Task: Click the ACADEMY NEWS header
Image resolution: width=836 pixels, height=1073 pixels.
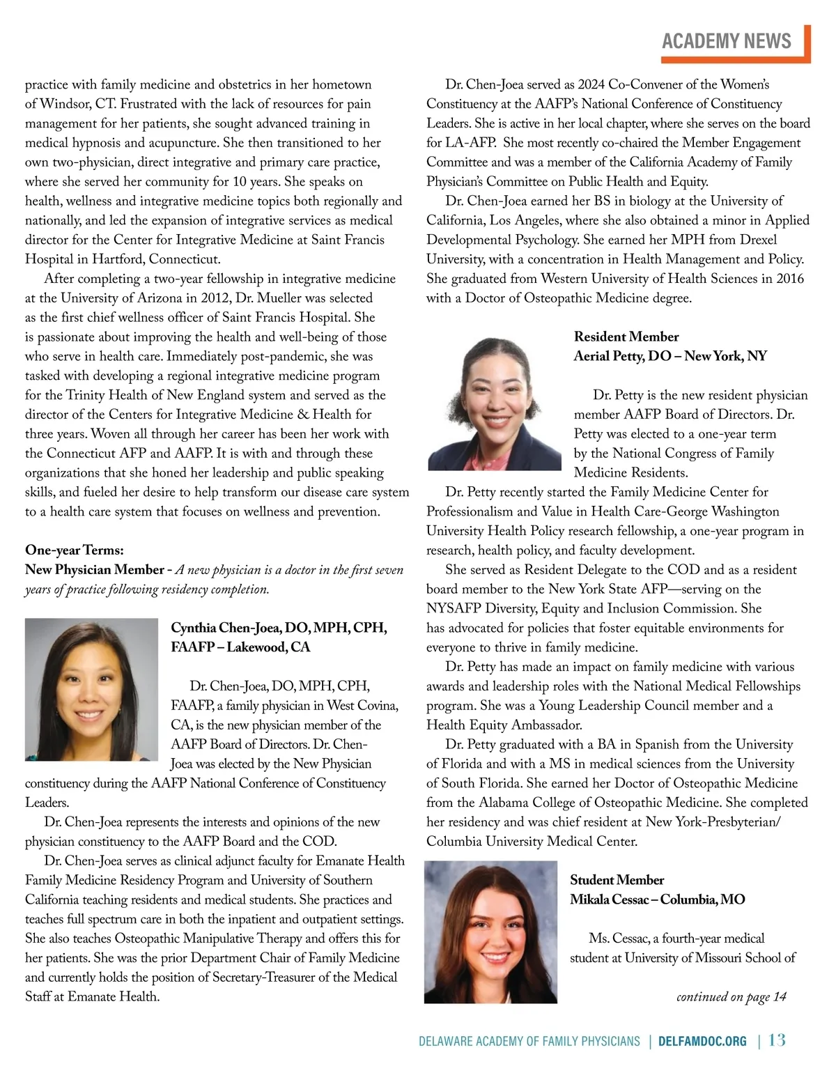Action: tap(726, 41)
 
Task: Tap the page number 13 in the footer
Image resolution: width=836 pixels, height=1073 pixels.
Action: tap(777, 1040)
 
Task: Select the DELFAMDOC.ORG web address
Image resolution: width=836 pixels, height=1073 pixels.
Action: tap(702, 1041)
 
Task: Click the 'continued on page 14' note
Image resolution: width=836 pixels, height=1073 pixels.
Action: tap(731, 996)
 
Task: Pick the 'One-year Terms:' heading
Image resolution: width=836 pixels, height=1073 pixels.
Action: tap(75, 550)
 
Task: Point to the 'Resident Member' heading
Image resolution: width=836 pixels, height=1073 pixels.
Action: tap(626, 337)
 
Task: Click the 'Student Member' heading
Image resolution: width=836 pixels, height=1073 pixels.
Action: tap(617, 880)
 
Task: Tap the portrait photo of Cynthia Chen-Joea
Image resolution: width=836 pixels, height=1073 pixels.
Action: tap(91, 689)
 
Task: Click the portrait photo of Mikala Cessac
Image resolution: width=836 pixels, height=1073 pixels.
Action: tap(490, 932)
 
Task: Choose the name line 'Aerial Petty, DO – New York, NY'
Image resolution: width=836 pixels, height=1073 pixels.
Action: tap(670, 356)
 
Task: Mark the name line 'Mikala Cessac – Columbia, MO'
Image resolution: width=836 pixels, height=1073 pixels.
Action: tap(657, 900)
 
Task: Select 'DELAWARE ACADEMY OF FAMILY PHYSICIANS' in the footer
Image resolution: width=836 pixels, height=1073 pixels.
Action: tap(529, 1041)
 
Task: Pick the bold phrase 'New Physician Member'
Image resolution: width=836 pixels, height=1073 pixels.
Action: tap(94, 569)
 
